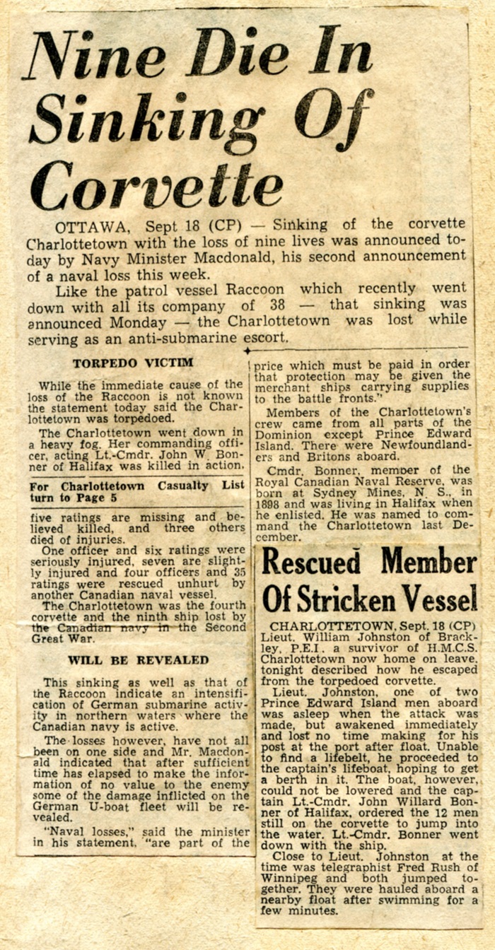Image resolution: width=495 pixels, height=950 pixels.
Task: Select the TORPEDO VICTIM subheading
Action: pyautogui.click(x=132, y=363)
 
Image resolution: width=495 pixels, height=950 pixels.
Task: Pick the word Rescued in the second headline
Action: pyautogui.click(x=313, y=563)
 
